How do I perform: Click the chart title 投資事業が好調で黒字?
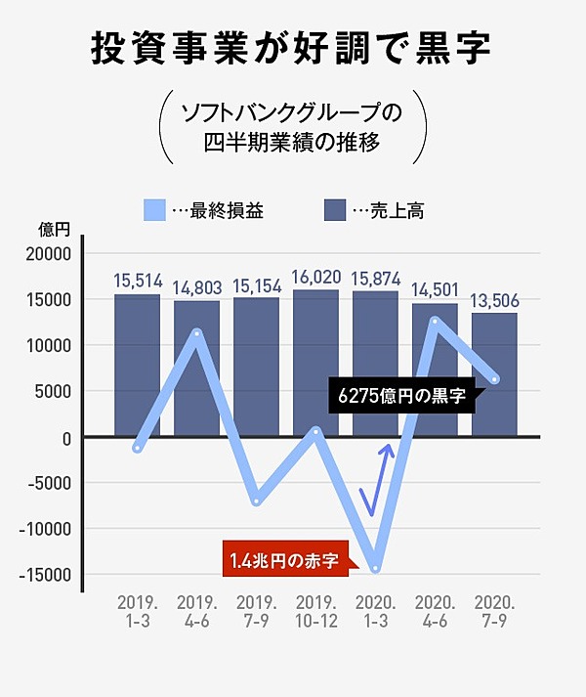pyautogui.click(x=293, y=48)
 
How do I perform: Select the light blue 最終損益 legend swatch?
pyautogui.click(x=155, y=210)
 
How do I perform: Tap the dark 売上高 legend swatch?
pyautogui.click(x=335, y=210)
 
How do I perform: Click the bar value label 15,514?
pyautogui.click(x=137, y=281)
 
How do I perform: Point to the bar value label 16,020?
pyautogui.click(x=315, y=277)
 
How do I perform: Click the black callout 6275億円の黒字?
pyautogui.click(x=400, y=397)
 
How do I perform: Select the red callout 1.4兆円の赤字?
pyautogui.click(x=284, y=561)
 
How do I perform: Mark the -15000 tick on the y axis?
pyautogui.click(x=48, y=575)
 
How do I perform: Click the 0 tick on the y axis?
pyautogui.click(x=67, y=437)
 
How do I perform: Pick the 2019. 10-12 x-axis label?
pyautogui.click(x=315, y=609)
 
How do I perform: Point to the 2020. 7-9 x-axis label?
pyautogui.click(x=494, y=609)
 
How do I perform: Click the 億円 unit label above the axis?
pyautogui.click(x=55, y=231)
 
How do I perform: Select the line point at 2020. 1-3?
pyautogui.click(x=376, y=568)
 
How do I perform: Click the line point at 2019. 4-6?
pyautogui.click(x=197, y=333)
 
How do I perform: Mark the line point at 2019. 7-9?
pyautogui.click(x=257, y=501)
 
